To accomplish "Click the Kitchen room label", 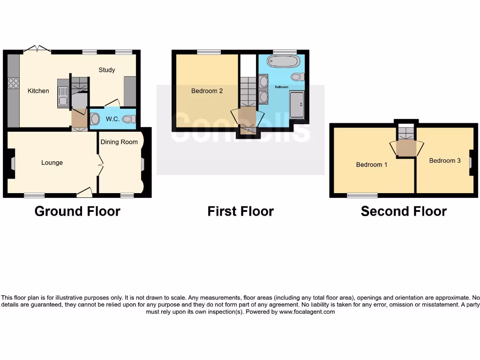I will (38, 91).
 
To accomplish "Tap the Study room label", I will (106, 70).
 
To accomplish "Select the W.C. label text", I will (112, 119).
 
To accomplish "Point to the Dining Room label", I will (119, 142).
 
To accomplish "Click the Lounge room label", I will (52, 163).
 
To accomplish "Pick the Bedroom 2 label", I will (207, 91).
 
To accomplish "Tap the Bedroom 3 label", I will (444, 161).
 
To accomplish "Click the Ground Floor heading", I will (77, 211).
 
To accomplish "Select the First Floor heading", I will (240, 211).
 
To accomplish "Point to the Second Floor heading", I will (404, 211).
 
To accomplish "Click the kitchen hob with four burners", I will (14, 83).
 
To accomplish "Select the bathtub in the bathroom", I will (283, 62).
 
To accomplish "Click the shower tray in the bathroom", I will (296, 105).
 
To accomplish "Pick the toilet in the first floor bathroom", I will (297, 77).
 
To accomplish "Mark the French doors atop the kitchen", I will (37, 48).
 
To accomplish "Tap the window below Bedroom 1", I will (362, 195).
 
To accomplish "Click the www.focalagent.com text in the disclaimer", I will (307, 312).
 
